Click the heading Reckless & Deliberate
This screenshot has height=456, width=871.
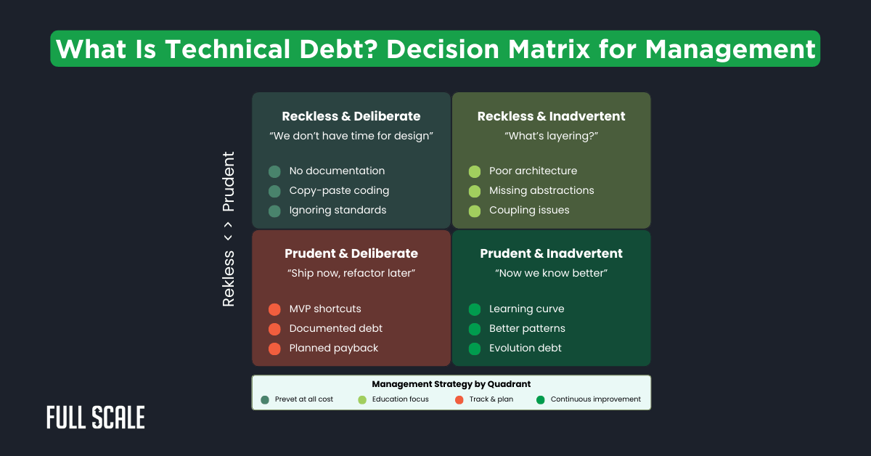pos(351,116)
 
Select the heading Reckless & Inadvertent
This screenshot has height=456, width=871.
pos(551,116)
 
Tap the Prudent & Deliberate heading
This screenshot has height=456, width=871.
pos(351,253)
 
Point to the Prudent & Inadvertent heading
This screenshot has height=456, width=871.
pos(551,253)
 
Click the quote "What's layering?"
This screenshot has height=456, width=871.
pos(551,136)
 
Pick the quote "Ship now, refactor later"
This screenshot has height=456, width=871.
pos(351,273)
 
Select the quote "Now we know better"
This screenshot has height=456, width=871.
pos(551,273)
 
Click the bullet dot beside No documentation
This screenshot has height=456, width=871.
pos(274,171)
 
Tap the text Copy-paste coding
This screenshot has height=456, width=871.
pos(339,190)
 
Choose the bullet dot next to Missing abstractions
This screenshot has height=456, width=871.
pos(475,191)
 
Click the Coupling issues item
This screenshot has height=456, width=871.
pos(529,210)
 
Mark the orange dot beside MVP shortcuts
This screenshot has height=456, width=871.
pos(274,309)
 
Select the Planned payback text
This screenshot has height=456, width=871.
pos(334,348)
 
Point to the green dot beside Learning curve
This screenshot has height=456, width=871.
pos(475,309)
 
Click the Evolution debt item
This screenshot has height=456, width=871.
pos(526,348)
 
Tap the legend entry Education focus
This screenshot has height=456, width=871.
pos(400,399)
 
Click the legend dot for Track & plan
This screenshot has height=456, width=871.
pos(459,399)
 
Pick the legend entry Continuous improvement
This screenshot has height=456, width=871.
pos(595,399)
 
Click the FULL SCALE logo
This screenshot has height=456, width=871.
pos(95,418)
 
